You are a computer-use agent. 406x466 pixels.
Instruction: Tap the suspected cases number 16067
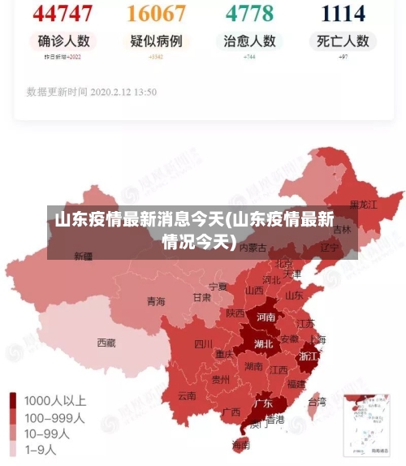[x=156, y=13]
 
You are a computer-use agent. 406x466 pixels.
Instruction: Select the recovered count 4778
[x=249, y=13]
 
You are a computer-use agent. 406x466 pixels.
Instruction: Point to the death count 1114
[x=343, y=13]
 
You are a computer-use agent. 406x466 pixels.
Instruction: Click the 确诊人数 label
[x=63, y=41]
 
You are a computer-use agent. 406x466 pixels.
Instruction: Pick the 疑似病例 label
[x=156, y=41]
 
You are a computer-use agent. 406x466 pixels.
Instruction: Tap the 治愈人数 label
[x=249, y=41]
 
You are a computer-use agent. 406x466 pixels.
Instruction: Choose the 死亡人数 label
[x=343, y=41]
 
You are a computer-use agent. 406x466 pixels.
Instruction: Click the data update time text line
[x=92, y=92]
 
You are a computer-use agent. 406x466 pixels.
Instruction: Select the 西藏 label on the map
[x=106, y=343]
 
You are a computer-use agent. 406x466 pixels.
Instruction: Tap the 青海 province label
[x=156, y=301]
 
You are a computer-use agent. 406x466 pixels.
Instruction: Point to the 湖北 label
[x=263, y=343]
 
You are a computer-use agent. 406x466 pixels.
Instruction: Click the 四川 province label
[x=203, y=343]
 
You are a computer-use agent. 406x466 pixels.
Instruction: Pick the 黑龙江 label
[x=363, y=205]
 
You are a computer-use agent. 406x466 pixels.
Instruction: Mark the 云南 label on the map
[x=187, y=396]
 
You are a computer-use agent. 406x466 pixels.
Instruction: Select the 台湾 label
[x=317, y=401]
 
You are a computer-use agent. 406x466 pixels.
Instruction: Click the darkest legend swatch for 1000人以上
[x=14, y=400]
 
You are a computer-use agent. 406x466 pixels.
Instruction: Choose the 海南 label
[x=240, y=445]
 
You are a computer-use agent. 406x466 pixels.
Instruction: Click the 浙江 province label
[x=309, y=356]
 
